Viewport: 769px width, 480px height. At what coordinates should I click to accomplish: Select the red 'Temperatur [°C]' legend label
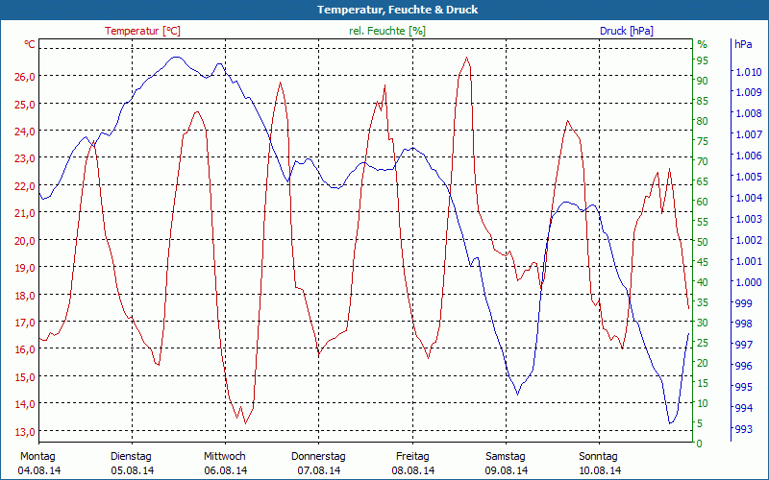pos(142,31)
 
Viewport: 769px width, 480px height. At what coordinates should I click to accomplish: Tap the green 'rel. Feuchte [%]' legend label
pos(387,31)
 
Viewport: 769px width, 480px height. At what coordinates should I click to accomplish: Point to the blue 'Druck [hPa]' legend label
pos(627,31)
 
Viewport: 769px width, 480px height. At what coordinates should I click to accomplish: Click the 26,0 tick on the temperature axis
pos(24,77)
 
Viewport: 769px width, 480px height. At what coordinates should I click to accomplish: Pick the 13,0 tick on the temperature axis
pos(24,431)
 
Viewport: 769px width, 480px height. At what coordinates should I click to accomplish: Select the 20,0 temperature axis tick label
pos(24,240)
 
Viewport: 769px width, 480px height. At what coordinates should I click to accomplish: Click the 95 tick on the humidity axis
pos(703,61)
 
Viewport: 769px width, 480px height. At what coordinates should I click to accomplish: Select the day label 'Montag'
pos(37,456)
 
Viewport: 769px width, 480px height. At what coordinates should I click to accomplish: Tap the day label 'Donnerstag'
pos(318,456)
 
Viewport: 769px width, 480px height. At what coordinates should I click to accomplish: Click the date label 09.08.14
pos(506,470)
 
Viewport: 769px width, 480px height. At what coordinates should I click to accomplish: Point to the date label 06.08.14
pos(225,470)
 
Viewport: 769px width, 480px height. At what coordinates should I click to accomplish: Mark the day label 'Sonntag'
pos(599,456)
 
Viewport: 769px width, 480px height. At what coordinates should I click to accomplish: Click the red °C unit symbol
pos(29,44)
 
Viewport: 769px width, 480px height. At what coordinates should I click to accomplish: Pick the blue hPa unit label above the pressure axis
pos(743,44)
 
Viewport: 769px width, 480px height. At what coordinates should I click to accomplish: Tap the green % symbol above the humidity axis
pos(702,44)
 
